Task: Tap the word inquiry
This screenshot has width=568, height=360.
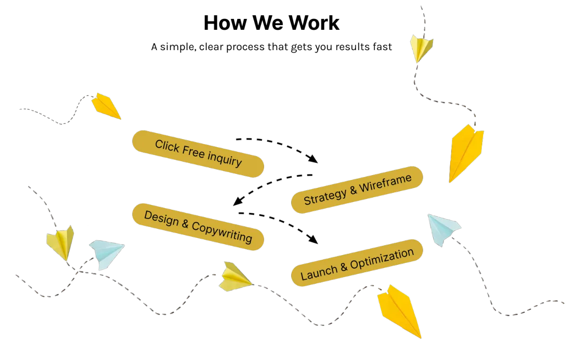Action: click(225, 159)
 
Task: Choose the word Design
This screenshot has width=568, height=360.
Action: click(161, 218)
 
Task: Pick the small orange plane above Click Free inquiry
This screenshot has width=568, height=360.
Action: click(106, 105)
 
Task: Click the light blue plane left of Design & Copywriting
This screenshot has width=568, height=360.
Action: click(106, 253)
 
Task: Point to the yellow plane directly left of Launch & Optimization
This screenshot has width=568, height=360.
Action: click(234, 277)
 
